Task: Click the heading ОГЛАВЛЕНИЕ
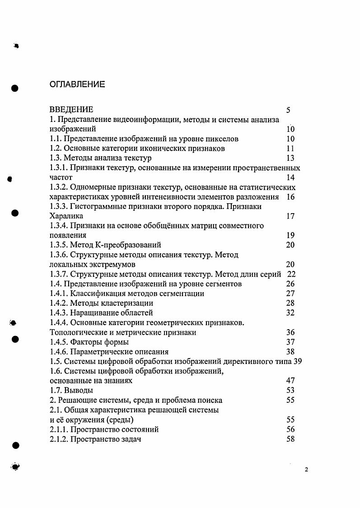(x=77, y=84)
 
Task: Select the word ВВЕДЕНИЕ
(x=71, y=110)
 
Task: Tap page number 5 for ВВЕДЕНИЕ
(x=288, y=110)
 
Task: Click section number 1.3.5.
(x=59, y=245)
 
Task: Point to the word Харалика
(x=67, y=216)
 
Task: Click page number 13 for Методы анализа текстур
(x=290, y=158)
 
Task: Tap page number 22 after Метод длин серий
(x=291, y=274)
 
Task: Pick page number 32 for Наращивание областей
(x=290, y=313)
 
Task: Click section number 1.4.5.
(x=59, y=342)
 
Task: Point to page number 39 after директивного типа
(x=297, y=361)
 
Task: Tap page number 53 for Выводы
(x=290, y=390)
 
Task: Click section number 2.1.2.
(x=59, y=439)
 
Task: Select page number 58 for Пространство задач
(x=290, y=439)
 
